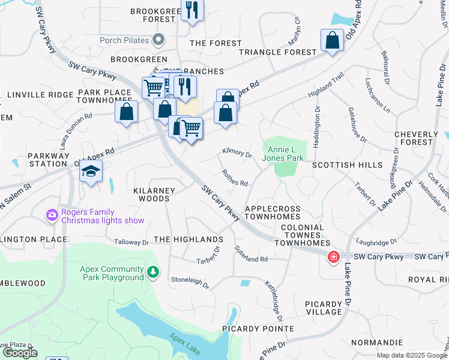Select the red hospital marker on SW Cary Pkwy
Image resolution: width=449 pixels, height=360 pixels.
333,257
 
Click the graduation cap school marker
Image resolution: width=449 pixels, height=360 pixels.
91,172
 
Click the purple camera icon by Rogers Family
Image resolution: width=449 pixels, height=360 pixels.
52,215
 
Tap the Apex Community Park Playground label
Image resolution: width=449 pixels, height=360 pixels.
112,273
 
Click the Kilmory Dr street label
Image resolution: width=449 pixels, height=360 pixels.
237,154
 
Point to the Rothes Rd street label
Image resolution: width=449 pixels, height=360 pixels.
235,179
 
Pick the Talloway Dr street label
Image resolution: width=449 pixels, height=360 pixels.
131,242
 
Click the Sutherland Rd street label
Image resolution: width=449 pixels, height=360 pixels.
251,256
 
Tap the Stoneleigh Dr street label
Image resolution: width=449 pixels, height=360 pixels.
190,282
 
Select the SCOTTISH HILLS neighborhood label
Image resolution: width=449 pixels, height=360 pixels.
346,165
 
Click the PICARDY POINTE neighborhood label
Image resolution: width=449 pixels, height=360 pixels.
258,329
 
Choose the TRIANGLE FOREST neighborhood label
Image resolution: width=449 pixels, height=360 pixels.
277,52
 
